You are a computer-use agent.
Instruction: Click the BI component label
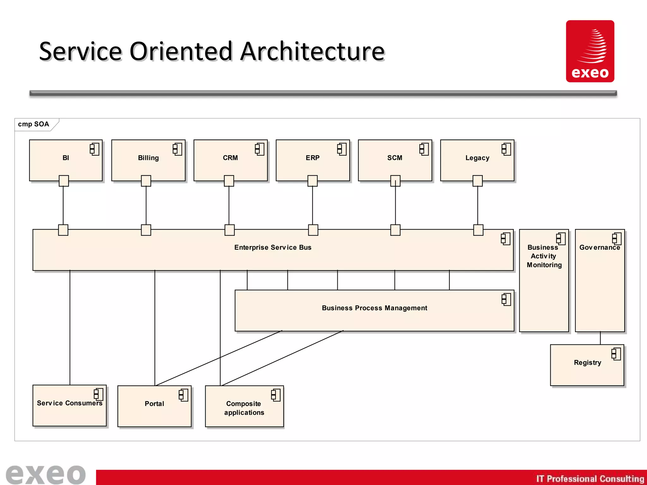coord(66,158)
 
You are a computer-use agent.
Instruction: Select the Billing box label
coord(148,158)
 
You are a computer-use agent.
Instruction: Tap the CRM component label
coord(230,158)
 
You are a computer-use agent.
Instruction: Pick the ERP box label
coord(312,158)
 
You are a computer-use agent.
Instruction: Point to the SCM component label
coord(395,158)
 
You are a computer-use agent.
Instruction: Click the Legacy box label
coord(477,158)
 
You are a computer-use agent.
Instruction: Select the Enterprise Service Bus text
coord(273,248)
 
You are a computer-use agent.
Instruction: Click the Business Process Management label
coord(374,308)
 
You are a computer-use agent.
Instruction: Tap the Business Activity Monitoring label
coord(544,256)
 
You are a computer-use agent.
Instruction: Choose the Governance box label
coord(599,248)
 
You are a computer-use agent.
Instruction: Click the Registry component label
coord(587,362)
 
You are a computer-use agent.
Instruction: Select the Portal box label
coord(154,404)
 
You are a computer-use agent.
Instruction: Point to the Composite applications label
coord(244,408)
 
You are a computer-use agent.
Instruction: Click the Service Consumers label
coord(70,403)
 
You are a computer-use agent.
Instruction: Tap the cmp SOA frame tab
coord(33,124)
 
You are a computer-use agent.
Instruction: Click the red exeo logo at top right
coord(590,51)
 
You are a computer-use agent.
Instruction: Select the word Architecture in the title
coord(312,51)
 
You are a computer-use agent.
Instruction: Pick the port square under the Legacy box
coord(477,181)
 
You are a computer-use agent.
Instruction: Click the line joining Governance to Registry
coord(600,338)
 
